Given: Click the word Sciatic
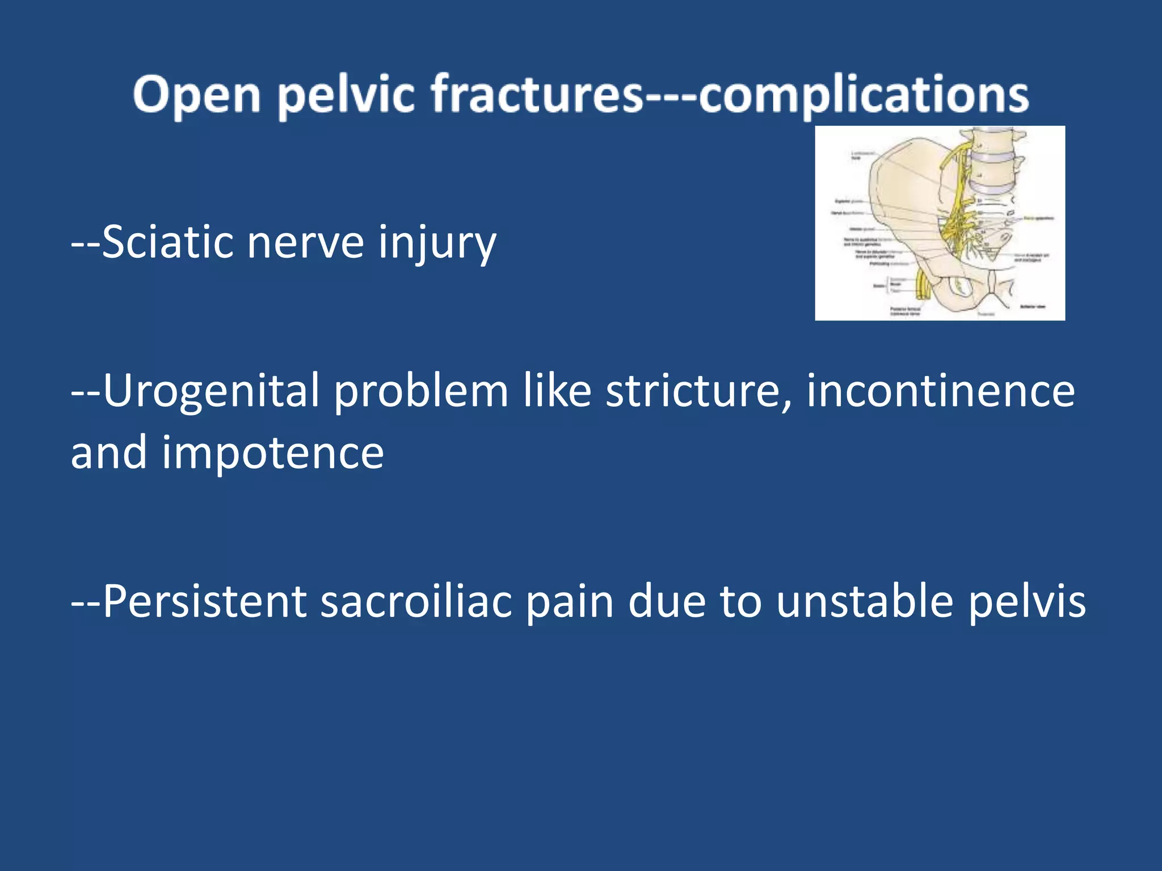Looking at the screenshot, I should [x=167, y=243].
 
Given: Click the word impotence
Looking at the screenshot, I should [x=272, y=454].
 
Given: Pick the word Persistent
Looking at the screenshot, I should [x=205, y=601].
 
